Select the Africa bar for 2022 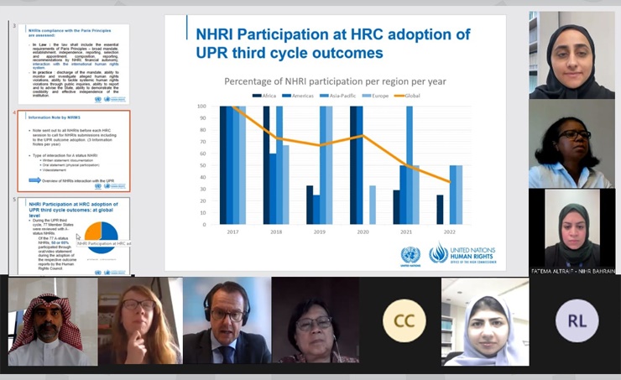(x=440, y=210)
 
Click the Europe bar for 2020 (x=372, y=206)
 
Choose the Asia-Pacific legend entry (x=339, y=96)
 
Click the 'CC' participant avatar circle (x=404, y=321)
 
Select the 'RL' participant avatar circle (x=577, y=321)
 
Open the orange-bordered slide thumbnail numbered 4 (x=74, y=151)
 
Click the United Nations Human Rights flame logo (x=438, y=253)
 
